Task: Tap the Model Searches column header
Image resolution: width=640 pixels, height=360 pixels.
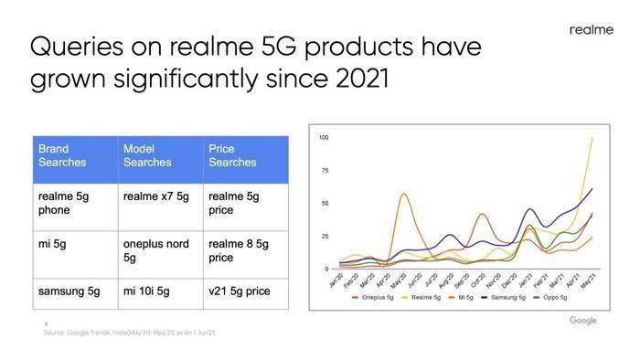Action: (148, 155)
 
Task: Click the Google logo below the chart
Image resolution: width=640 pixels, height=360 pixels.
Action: (582, 321)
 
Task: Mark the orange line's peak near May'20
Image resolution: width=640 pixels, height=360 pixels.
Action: (403, 193)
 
